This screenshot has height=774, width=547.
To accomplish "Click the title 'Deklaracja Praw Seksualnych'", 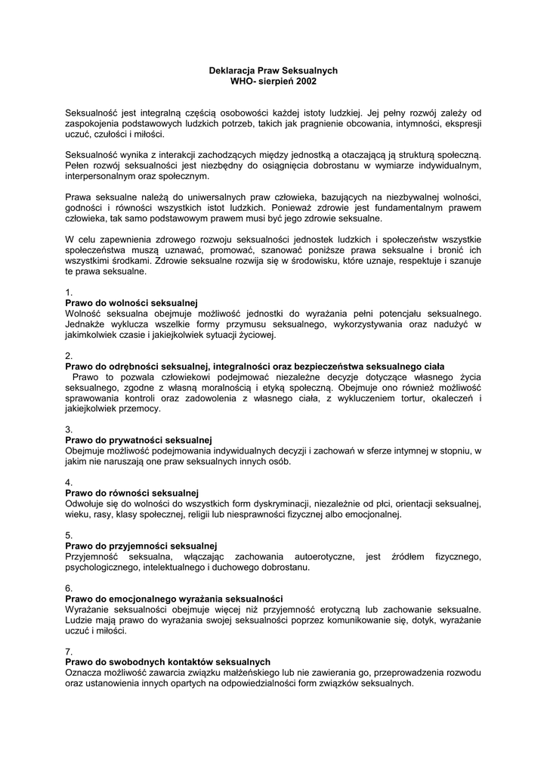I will (x=273, y=70).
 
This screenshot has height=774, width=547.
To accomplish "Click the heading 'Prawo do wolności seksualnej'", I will (x=131, y=302).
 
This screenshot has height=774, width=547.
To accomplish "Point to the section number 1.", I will (x=69, y=292).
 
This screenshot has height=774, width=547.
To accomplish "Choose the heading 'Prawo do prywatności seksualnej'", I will (x=138, y=440).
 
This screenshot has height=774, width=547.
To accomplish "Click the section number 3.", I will (x=69, y=429).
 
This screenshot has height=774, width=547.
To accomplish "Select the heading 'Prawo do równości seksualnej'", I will (x=131, y=493).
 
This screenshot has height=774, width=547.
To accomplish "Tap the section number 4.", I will (x=69, y=482).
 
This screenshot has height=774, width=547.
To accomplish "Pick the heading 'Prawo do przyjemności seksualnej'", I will (x=141, y=546).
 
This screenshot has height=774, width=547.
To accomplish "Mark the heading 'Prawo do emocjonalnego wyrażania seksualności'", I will (x=174, y=599).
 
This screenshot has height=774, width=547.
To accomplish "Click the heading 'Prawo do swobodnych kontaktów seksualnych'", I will (x=168, y=662).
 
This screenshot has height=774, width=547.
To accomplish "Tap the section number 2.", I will (x=69, y=355).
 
